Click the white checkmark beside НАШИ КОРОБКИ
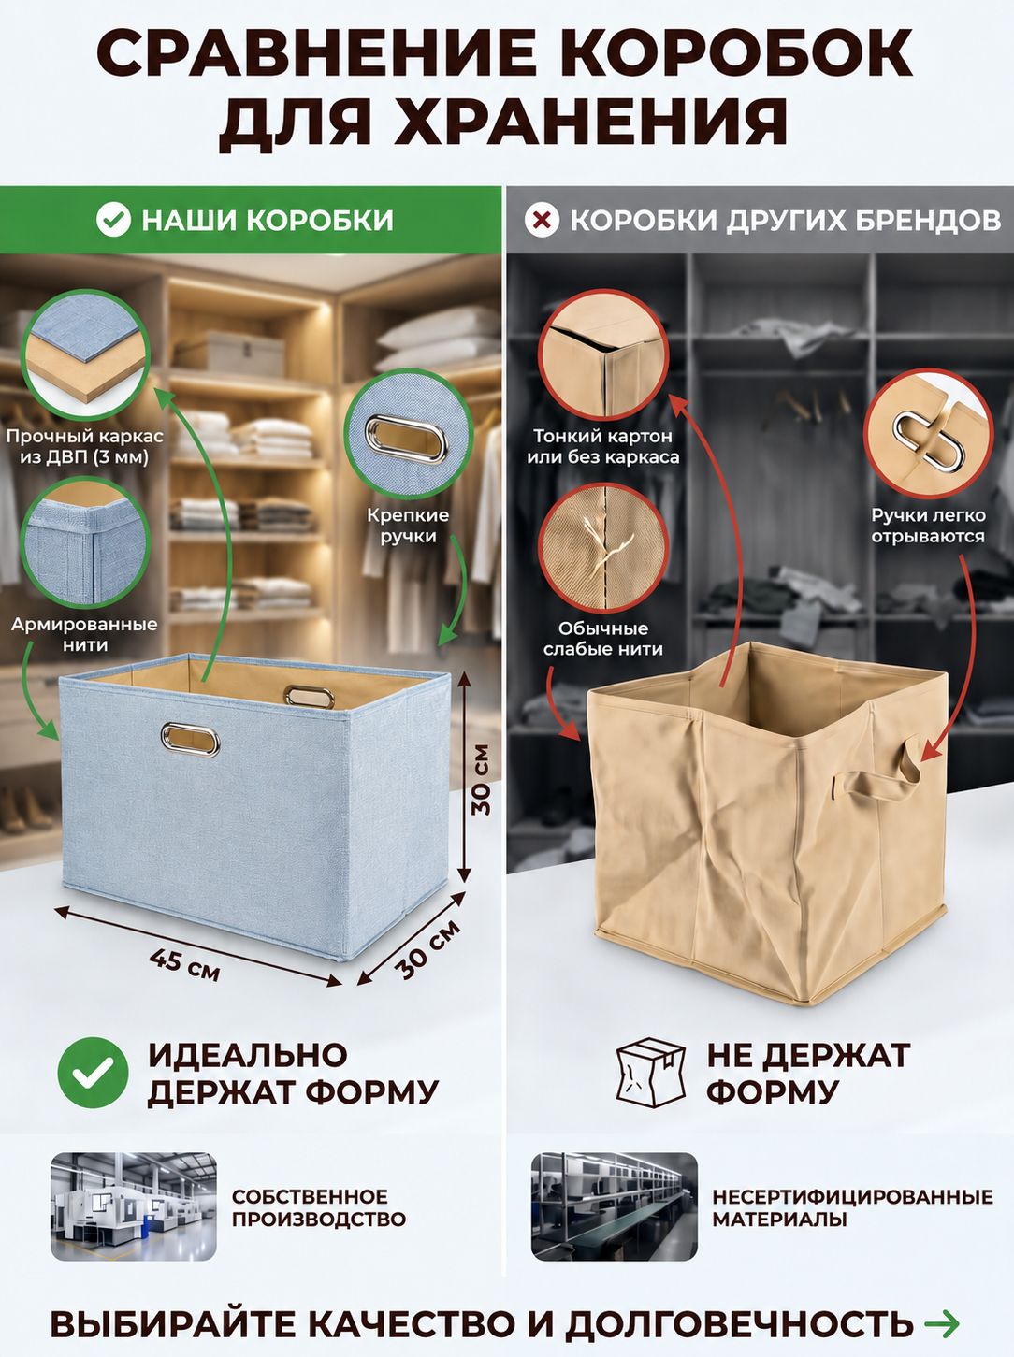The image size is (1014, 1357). point(114,220)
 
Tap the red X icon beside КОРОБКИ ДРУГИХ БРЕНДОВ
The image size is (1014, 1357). point(542,220)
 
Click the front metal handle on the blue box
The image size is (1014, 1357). point(191,739)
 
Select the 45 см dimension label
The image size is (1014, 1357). point(184,965)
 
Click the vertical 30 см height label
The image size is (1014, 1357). point(480,780)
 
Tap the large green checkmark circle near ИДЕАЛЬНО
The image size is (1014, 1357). point(93,1073)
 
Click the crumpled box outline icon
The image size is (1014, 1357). point(652,1073)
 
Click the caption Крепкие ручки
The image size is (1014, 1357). point(408,526)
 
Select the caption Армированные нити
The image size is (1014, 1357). point(85,634)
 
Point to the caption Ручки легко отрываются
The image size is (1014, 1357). point(928,526)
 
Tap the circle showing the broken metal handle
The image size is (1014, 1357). point(929,434)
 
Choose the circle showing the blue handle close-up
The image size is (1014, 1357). point(409,434)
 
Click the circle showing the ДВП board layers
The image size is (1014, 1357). point(85,353)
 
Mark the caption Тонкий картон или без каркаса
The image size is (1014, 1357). point(602,446)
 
